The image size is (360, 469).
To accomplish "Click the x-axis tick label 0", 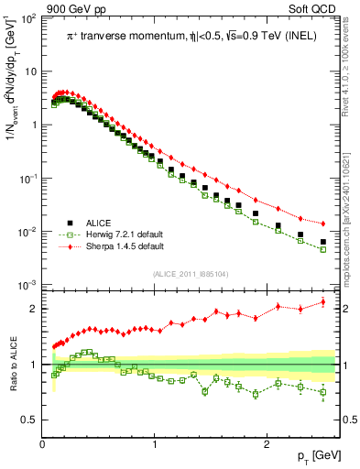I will (43, 443).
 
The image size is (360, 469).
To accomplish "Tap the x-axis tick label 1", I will (155, 443).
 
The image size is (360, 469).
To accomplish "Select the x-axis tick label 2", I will (267, 443).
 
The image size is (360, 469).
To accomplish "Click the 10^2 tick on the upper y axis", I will (29, 18).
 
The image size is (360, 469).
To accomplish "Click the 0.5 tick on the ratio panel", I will (29, 420).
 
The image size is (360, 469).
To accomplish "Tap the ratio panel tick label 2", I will (34, 309).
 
